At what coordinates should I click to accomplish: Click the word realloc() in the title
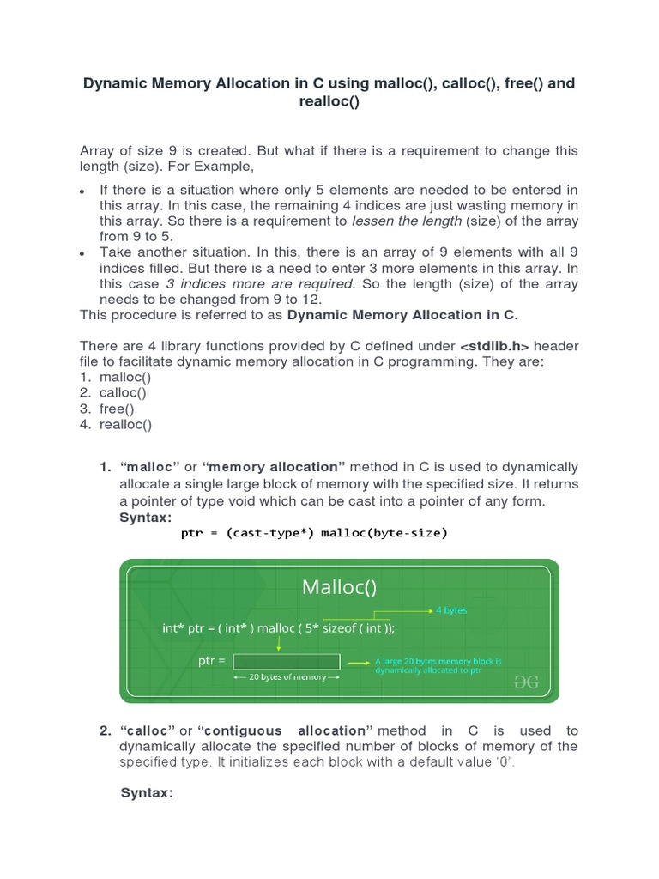point(329,101)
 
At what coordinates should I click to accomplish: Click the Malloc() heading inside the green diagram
point(339,588)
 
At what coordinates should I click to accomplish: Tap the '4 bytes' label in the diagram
point(450,610)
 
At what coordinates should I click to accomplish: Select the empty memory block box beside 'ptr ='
point(287,661)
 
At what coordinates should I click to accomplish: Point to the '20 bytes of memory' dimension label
point(287,677)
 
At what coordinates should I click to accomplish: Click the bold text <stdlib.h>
point(495,346)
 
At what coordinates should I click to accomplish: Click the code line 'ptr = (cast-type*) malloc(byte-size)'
point(314,533)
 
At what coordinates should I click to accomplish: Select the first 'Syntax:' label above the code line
point(145,518)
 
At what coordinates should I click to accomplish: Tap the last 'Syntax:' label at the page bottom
point(147,793)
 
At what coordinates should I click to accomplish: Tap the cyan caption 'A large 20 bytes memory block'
point(438,662)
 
